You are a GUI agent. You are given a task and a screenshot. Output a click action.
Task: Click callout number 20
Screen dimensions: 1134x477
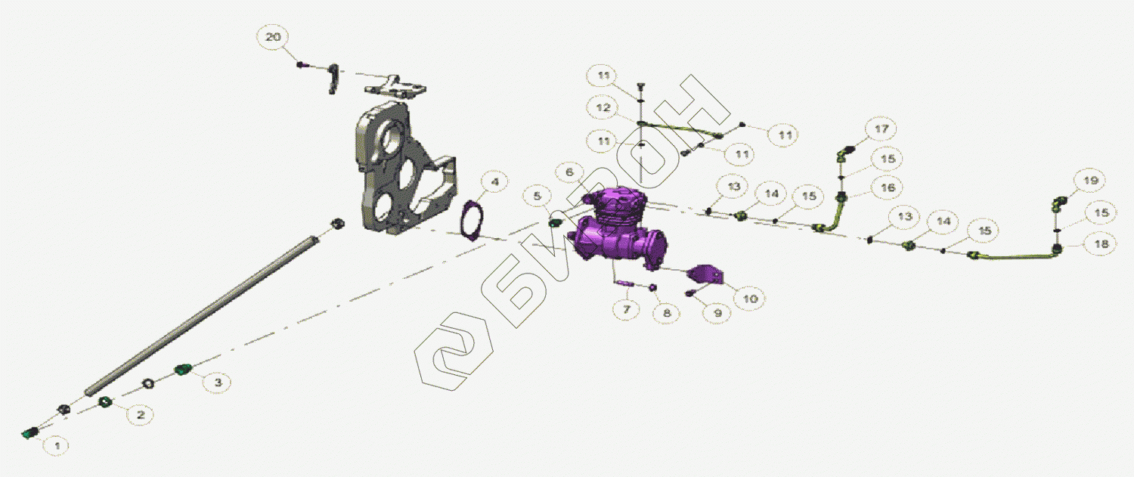(273, 38)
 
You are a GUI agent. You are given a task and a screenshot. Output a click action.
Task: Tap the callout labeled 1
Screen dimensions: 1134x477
(57, 446)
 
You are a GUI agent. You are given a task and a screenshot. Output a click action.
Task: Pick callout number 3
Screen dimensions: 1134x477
(218, 383)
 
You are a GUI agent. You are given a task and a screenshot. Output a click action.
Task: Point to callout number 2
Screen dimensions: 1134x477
(140, 415)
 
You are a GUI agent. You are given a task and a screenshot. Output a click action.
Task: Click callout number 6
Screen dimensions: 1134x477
(569, 172)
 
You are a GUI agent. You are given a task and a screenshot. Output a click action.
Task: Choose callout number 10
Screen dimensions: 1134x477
(750, 299)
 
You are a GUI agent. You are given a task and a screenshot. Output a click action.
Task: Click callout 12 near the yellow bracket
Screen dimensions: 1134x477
(603, 108)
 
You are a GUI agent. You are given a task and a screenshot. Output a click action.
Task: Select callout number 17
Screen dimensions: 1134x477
(881, 129)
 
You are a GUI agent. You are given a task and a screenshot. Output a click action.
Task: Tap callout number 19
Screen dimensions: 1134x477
(1090, 181)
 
